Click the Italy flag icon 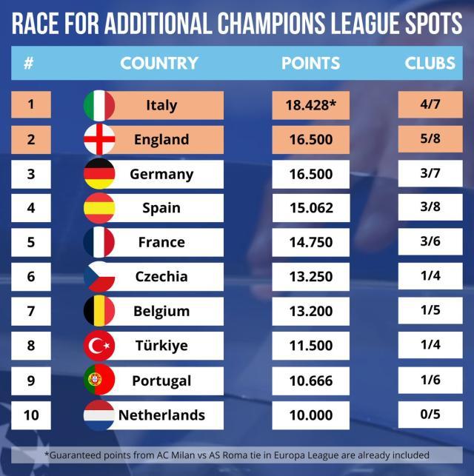99,105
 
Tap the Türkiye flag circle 99,346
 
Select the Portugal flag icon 99,381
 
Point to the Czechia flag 99,277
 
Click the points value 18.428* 310,105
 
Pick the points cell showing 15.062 310,208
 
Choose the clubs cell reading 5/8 430,139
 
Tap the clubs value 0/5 430,415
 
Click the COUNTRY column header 159,64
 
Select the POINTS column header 310,64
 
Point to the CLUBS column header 430,64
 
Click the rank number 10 30,415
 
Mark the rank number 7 30,311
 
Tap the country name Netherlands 161,415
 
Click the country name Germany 161,174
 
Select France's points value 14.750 310,242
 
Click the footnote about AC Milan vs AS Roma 237,455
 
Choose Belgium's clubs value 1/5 430,311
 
